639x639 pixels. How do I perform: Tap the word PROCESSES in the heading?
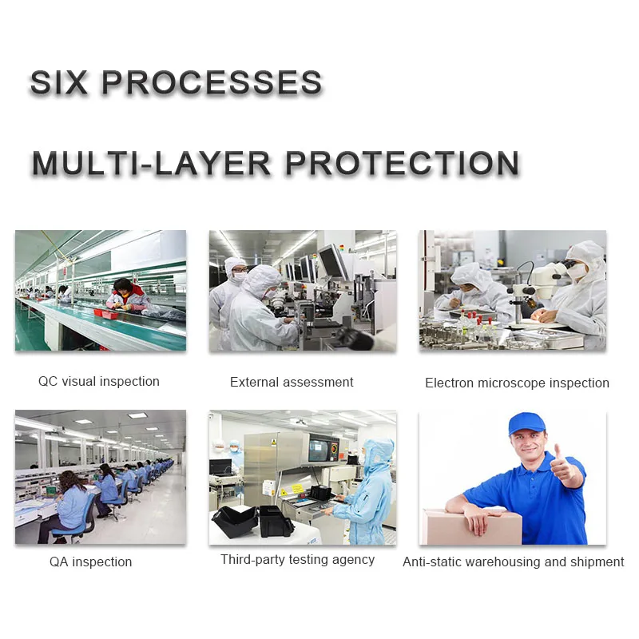click(212, 83)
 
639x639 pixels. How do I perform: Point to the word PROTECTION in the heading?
click(403, 163)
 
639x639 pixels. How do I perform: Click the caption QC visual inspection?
click(99, 382)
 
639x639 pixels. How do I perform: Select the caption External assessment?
click(292, 383)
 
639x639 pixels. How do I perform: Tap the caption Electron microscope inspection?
click(517, 383)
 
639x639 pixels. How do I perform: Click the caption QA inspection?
click(90, 562)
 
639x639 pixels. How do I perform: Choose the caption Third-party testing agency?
click(297, 560)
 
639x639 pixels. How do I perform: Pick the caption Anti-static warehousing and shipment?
click(513, 562)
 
